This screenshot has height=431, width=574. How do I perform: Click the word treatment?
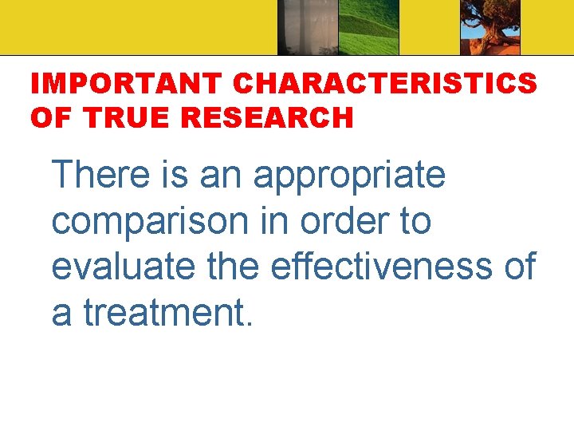[x=168, y=312]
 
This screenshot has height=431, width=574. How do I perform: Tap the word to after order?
[x=415, y=221]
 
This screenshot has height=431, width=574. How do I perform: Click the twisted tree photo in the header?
[x=490, y=27]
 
